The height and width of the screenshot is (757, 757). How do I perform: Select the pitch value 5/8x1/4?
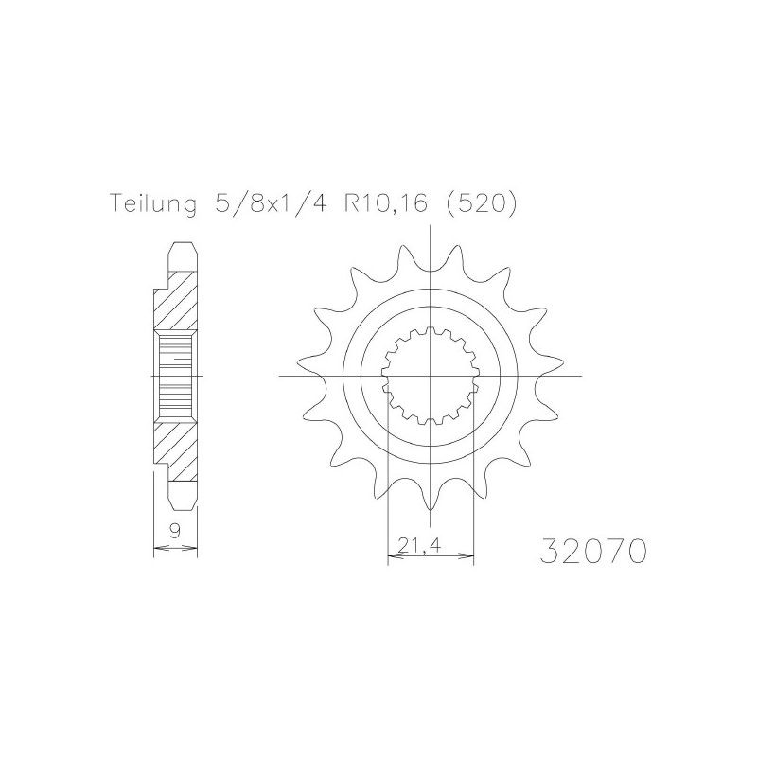pyautogui.click(x=255, y=204)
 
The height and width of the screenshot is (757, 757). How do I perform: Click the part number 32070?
pyautogui.click(x=592, y=551)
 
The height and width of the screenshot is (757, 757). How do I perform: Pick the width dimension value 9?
pyautogui.click(x=175, y=533)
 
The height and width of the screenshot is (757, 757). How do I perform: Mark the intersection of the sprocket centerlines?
pyautogui.click(x=431, y=376)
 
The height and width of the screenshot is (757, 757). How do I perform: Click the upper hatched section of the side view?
pyautogui.click(x=176, y=303)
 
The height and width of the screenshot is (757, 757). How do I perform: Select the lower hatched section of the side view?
pyautogui.click(x=176, y=448)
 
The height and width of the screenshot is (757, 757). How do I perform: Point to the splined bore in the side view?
pyautogui.click(x=176, y=376)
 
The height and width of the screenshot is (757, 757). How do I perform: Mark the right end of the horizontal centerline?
pyautogui.click(x=581, y=376)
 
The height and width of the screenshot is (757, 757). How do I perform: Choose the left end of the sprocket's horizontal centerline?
pyautogui.click(x=280, y=376)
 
